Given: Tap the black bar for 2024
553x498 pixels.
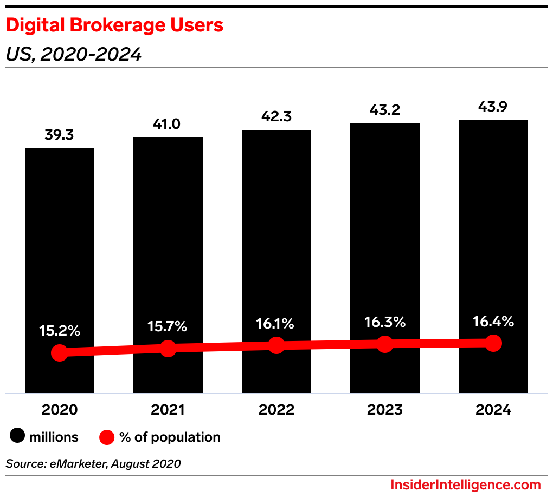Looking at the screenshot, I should click(x=493, y=244).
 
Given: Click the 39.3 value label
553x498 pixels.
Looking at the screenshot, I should click(x=60, y=135).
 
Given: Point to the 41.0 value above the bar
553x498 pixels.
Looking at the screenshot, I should click(x=168, y=124).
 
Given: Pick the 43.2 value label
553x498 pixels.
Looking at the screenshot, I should click(x=385, y=110).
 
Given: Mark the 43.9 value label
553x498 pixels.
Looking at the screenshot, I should click(x=493, y=107).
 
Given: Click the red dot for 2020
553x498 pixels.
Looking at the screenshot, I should click(x=60, y=353).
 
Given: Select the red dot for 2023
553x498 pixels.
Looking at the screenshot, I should click(x=385, y=344).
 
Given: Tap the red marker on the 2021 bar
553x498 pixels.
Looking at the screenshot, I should click(x=168, y=349).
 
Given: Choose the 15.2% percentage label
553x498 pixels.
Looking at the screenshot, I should click(x=60, y=331).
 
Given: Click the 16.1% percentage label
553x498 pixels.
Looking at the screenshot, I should click(x=276, y=324).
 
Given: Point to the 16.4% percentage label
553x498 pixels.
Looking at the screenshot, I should click(x=493, y=322).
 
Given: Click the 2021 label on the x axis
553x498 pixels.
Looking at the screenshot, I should click(x=168, y=410).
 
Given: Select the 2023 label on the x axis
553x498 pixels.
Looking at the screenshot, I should click(x=385, y=410).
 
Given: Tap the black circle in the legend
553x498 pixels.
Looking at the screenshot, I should click(x=17, y=437).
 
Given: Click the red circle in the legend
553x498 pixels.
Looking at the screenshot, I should click(x=107, y=437).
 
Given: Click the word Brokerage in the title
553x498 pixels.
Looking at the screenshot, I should click(x=108, y=25).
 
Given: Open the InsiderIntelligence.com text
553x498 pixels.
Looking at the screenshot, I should click(x=466, y=484).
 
